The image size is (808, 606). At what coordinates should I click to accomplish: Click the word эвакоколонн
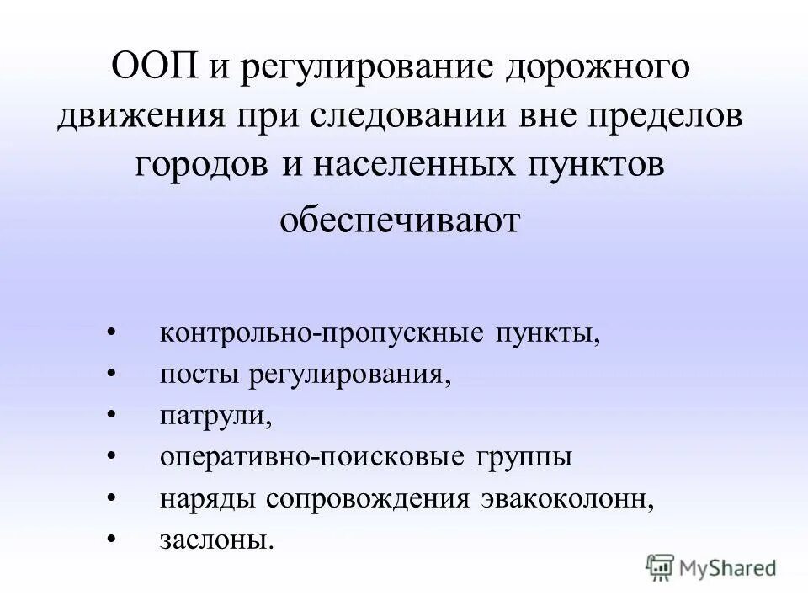coord(567,497)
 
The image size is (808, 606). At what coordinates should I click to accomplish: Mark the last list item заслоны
coord(216,540)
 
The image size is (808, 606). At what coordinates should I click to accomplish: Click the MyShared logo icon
coord(661,566)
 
